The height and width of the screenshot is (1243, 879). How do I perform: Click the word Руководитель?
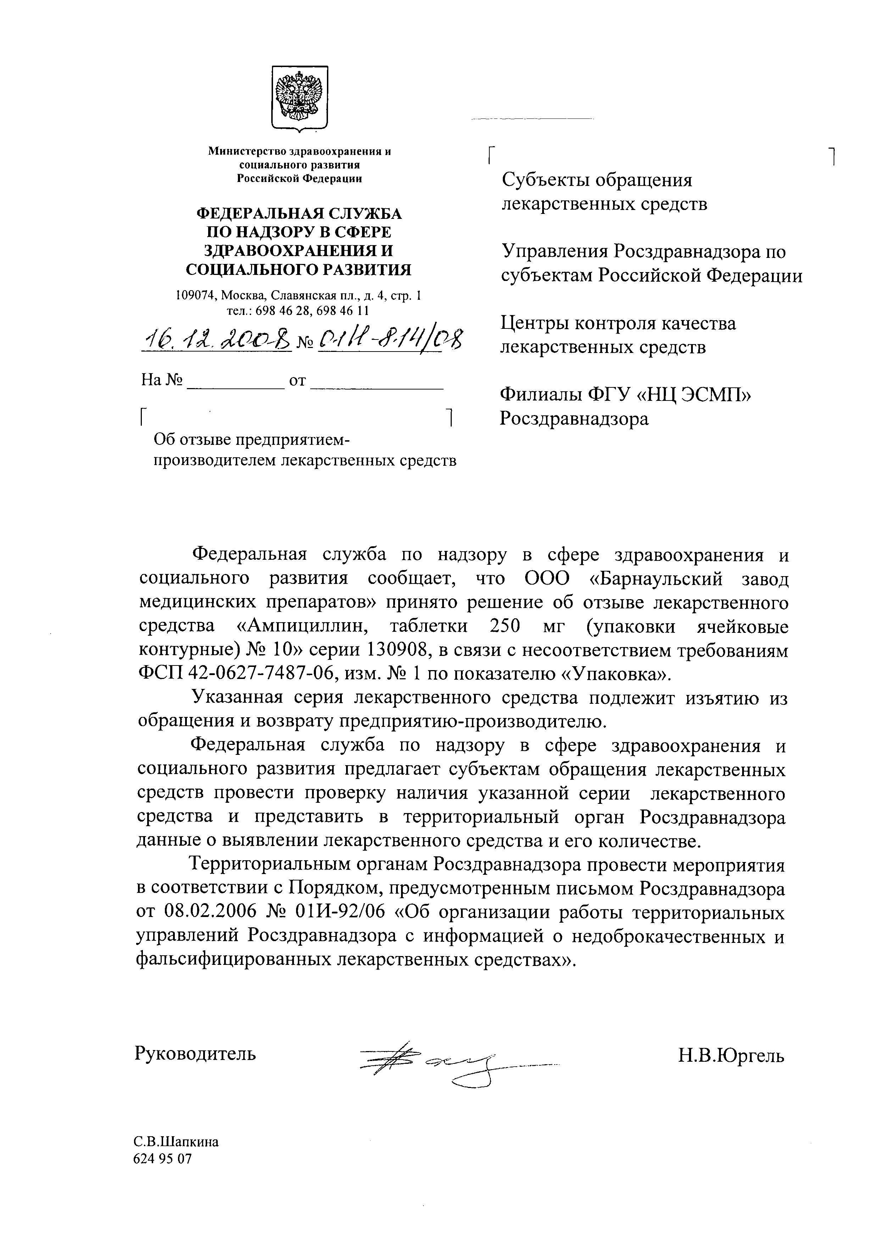[x=195, y=1054]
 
